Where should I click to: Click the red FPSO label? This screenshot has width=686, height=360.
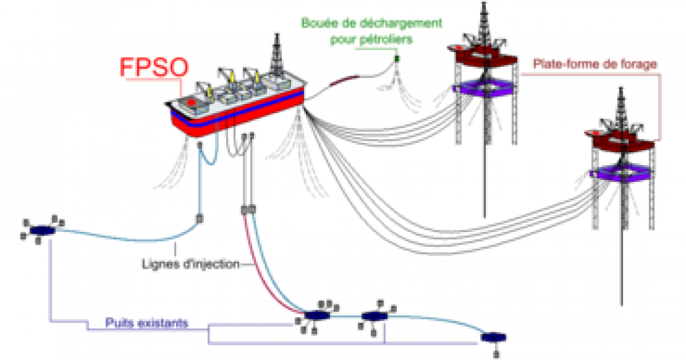tap(153, 67)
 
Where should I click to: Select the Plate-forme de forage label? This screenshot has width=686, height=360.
tap(595, 64)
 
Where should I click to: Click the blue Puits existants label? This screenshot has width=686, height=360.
tap(146, 323)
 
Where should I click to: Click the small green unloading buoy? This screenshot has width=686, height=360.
tap(397, 58)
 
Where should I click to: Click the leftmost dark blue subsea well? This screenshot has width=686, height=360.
tap(42, 230)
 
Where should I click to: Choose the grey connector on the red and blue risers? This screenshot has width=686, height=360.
tap(248, 210)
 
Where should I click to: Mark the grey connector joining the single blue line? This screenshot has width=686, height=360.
tap(201, 218)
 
